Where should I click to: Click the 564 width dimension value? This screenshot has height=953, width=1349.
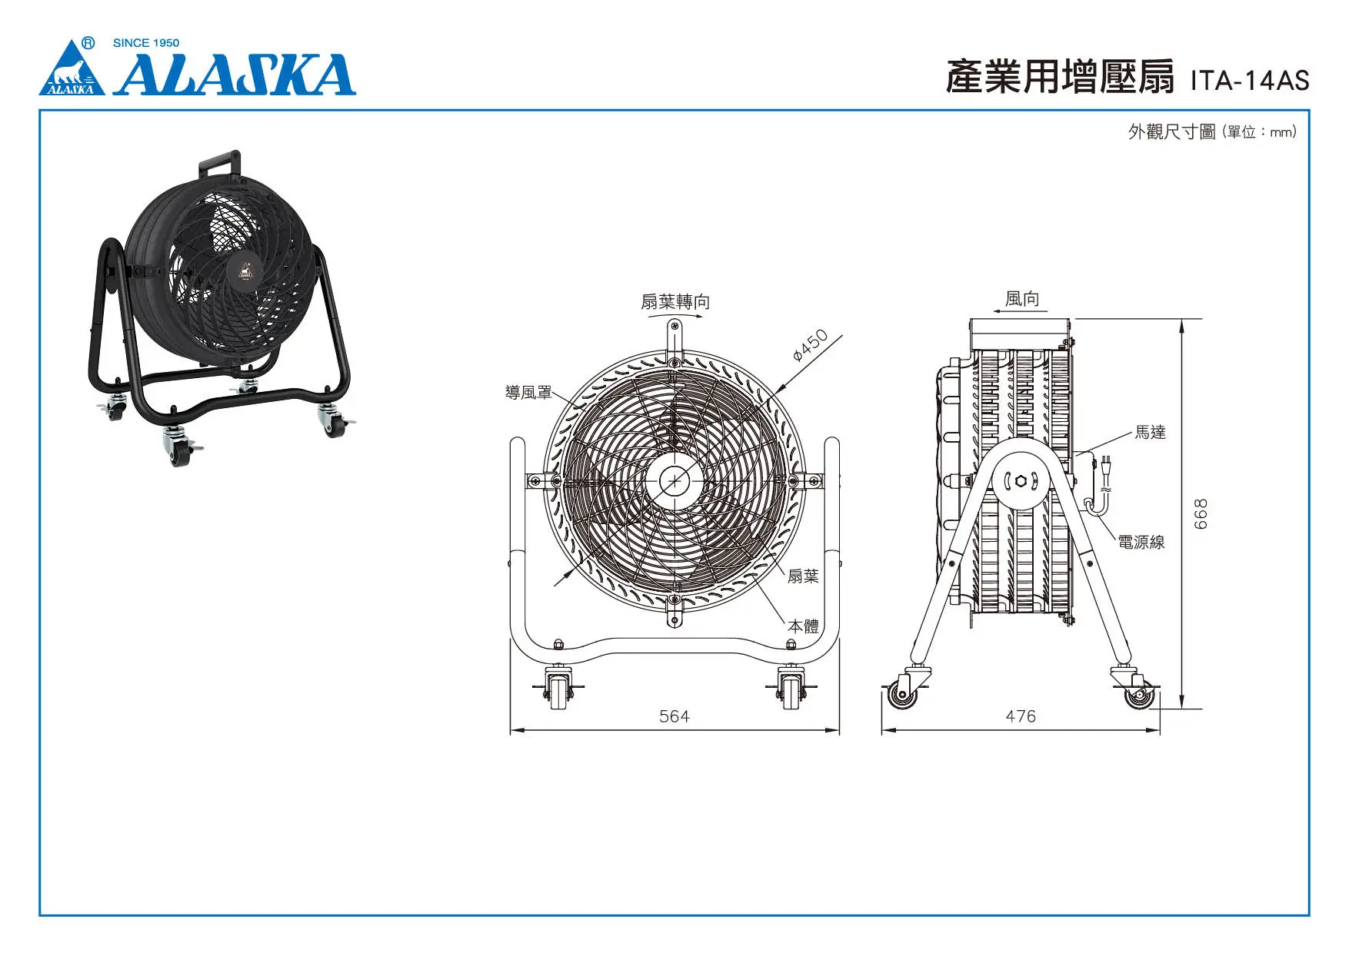click(674, 716)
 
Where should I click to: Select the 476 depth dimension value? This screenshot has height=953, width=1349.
click(1021, 716)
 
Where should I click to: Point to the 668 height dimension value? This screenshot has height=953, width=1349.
click(1201, 513)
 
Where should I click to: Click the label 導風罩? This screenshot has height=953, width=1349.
click(528, 392)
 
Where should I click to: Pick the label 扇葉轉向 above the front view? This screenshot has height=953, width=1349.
click(675, 301)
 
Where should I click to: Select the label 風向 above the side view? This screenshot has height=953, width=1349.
click(1022, 298)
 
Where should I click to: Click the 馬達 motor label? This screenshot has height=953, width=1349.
click(1150, 433)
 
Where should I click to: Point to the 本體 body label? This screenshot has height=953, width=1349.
click(803, 626)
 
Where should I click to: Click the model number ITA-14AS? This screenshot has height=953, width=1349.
click(1249, 81)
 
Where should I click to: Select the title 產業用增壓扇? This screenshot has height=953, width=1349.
click(1060, 77)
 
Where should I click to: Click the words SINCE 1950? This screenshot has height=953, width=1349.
click(146, 43)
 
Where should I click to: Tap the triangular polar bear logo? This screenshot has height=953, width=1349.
click(72, 71)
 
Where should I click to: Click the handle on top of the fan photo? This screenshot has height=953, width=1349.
click(220, 163)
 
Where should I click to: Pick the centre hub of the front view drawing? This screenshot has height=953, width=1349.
click(674, 481)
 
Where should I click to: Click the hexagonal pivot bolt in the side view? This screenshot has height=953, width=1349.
click(1021, 481)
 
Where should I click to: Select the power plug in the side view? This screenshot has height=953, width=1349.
click(1106, 466)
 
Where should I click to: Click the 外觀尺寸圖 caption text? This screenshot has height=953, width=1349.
click(1171, 131)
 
